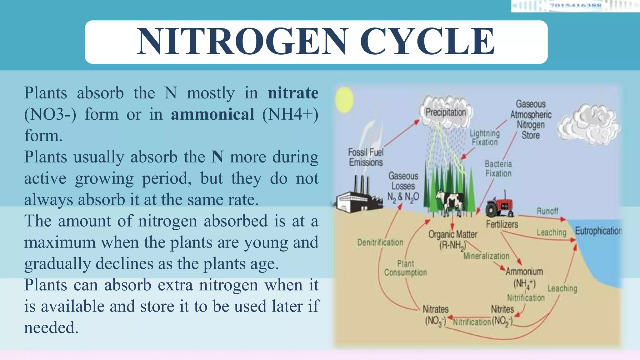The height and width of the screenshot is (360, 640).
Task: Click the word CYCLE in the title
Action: click(427, 42)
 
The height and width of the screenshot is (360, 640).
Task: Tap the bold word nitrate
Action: click(293, 93)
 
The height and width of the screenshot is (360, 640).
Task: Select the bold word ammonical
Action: click(212, 114)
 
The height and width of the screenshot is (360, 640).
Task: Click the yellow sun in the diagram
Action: click(344, 99)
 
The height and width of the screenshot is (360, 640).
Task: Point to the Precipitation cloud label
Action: click(446, 112)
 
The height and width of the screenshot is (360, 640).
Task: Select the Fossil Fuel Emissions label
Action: click(366, 157)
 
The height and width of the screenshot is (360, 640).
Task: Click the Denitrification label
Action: click(380, 242)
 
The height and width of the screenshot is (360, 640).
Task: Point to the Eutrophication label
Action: click(598, 231)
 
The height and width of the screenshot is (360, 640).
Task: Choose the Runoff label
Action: click(547, 211)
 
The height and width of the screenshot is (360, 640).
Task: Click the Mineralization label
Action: click(486, 256)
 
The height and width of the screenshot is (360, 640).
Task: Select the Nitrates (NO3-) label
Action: click(435, 315)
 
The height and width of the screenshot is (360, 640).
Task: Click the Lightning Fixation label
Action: click(485, 138)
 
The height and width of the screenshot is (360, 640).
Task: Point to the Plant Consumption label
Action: click(405, 268)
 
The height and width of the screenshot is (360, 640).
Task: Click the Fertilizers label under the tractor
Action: click(502, 224)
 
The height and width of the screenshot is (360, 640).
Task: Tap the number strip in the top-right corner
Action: click(575, 6)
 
